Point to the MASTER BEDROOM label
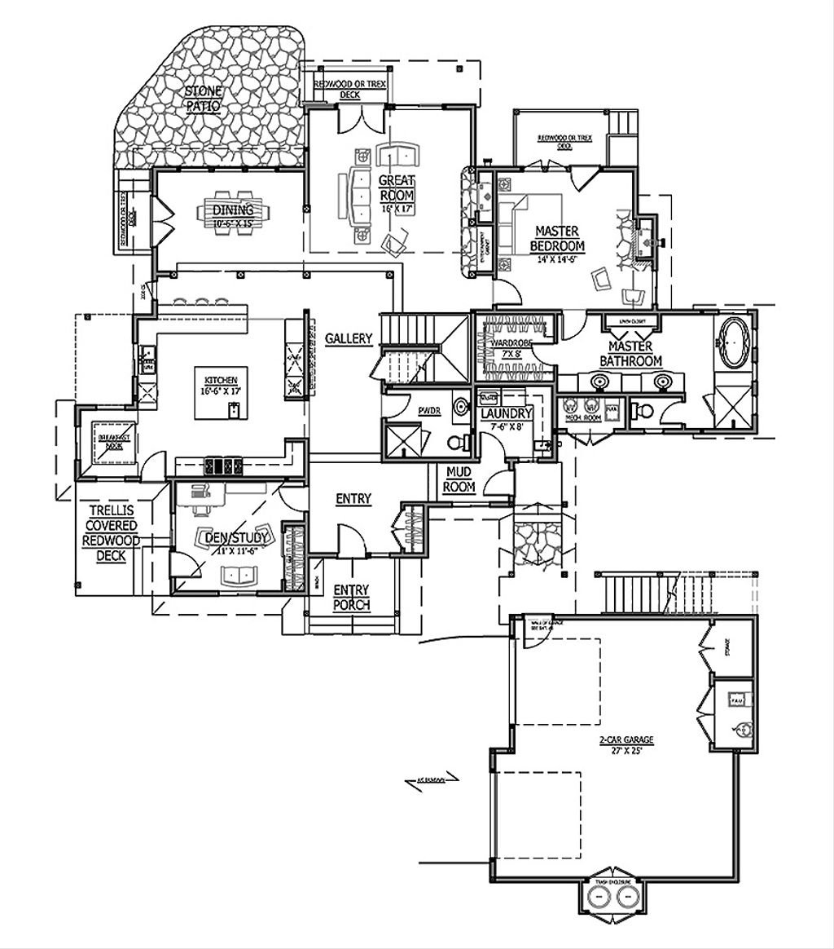coord(558,240)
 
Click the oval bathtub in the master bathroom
coord(735,343)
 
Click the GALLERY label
coord(348,338)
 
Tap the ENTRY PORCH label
coord(351,598)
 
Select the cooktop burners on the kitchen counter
coord(223,466)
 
